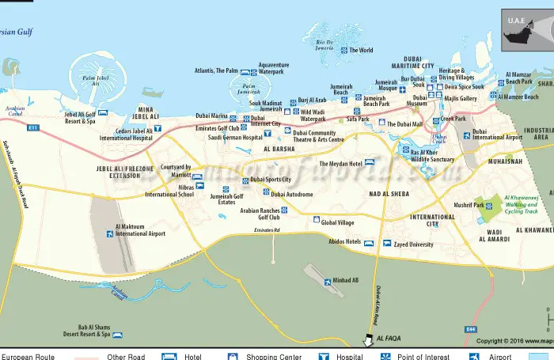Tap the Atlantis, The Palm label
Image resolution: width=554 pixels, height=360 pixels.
coord(215,70)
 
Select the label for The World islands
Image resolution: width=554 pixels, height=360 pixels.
coord(361,51)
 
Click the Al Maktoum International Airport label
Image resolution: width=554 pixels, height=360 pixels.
coord(140,230)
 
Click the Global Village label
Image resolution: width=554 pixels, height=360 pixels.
coord(338,222)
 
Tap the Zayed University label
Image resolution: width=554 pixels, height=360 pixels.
coord(413,244)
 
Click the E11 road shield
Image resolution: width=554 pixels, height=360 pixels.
coord(32,127)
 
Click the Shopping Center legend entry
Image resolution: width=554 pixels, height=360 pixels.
coord(273,357)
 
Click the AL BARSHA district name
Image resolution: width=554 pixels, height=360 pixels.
coord(279,149)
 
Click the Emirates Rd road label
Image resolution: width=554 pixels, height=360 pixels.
coord(268,230)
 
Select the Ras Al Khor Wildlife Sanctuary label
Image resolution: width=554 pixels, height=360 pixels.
coord(432,155)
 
